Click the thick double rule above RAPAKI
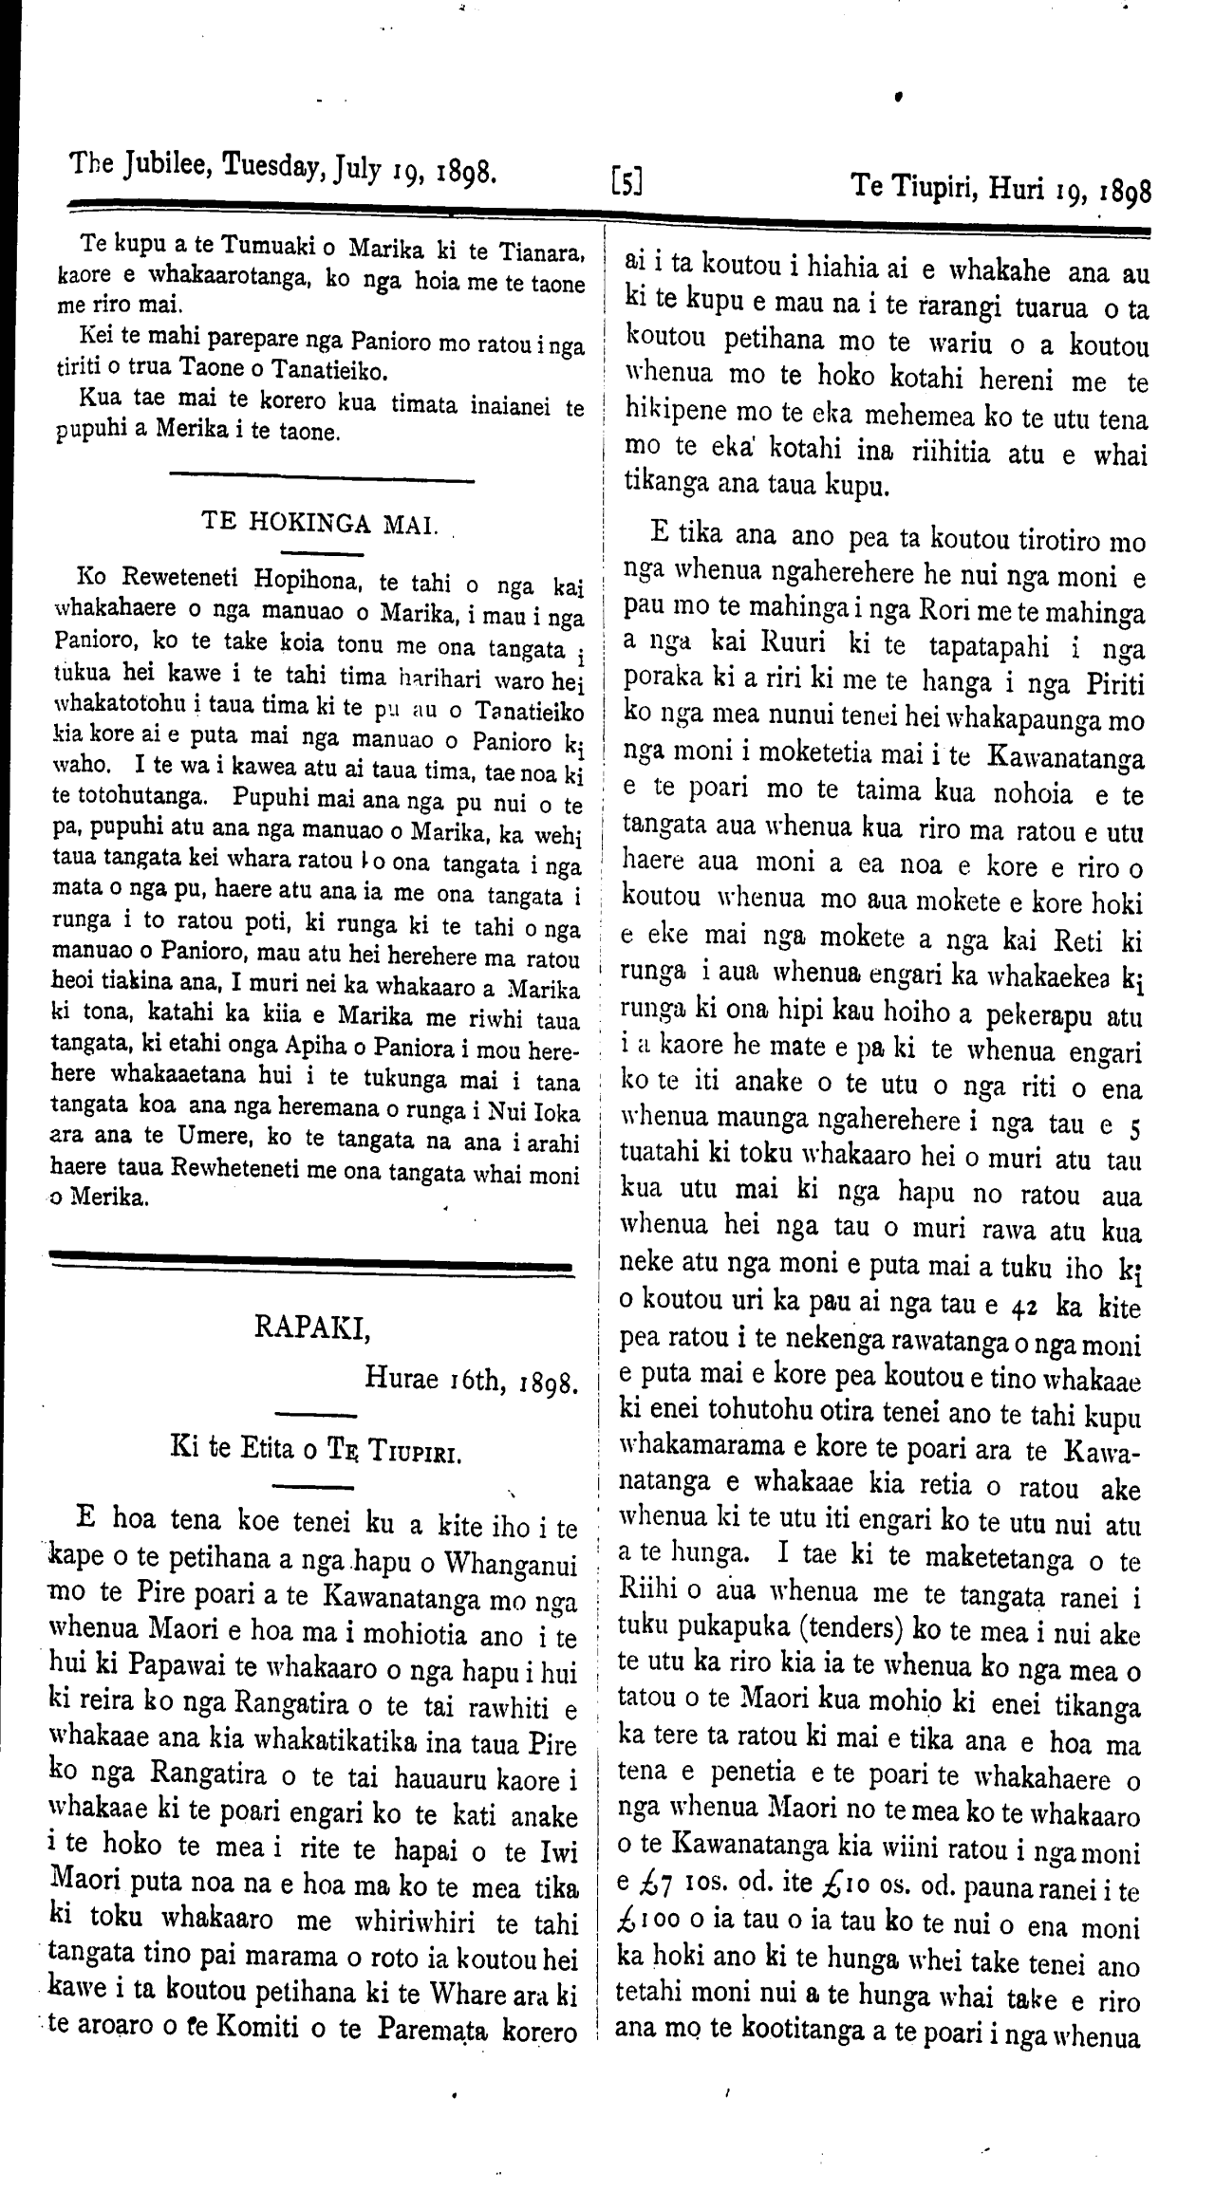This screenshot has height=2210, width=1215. (x=308, y=1264)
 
